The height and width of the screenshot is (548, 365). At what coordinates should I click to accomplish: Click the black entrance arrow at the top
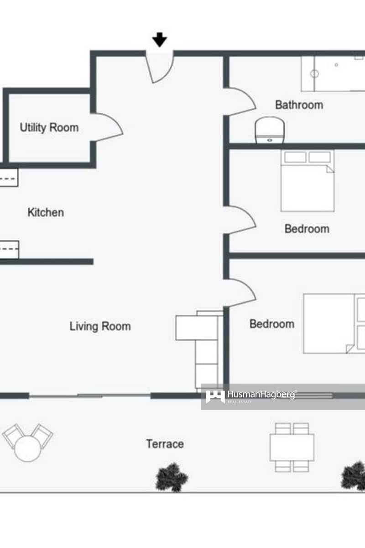[159, 40]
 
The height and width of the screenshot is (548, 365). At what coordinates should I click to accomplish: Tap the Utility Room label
[49, 127]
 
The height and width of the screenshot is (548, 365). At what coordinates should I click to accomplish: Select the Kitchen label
[46, 212]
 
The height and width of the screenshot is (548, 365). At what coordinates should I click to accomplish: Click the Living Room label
[100, 326]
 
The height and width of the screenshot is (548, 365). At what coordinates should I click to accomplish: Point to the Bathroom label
[299, 105]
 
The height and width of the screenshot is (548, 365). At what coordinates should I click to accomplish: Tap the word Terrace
[165, 443]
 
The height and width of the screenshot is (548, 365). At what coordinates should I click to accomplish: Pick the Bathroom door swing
[241, 101]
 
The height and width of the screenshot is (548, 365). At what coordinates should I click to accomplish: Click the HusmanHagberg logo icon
[215, 396]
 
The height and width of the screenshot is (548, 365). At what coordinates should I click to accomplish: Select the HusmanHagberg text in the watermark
[261, 395]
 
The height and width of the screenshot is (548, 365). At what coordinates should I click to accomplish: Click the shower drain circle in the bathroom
[314, 74]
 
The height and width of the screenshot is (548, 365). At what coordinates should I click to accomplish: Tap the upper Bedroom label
[307, 228]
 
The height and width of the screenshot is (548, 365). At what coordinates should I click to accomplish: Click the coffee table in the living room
[196, 328]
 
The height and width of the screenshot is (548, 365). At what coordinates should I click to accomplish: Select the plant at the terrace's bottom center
[172, 478]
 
